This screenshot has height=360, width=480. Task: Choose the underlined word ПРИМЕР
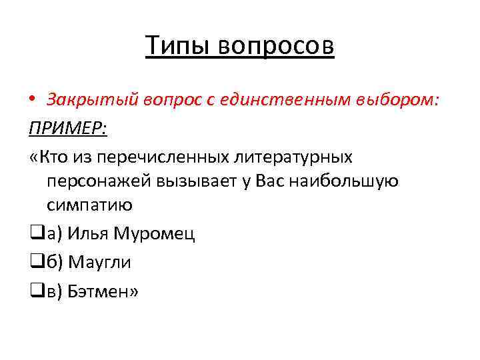(x=67, y=128)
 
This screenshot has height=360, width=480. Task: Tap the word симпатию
(x=90, y=205)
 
